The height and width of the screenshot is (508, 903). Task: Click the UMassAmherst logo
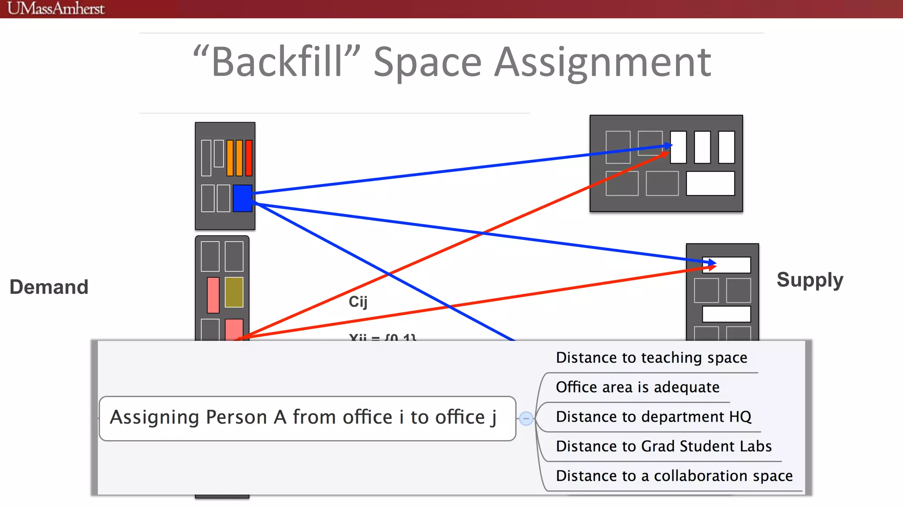[x=56, y=8]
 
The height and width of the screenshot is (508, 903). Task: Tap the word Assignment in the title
[x=602, y=62]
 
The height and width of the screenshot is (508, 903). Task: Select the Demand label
[x=49, y=287]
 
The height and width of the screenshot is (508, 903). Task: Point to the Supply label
[x=810, y=280]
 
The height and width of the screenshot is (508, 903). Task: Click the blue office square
[x=243, y=198]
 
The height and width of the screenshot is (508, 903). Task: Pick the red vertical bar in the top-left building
[x=249, y=158]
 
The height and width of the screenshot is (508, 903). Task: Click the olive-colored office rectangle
[x=234, y=292]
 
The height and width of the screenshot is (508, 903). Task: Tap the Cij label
[x=358, y=302]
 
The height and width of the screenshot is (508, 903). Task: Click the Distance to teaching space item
[x=651, y=358]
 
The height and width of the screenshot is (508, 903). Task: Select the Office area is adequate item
[x=638, y=387]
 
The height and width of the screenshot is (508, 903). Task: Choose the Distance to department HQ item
[x=653, y=417]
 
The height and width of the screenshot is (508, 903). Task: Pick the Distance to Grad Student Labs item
[x=664, y=446]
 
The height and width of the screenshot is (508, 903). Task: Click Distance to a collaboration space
[x=674, y=476]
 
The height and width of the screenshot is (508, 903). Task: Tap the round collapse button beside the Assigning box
[x=526, y=418]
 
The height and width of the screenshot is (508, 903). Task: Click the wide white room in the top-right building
[x=710, y=183]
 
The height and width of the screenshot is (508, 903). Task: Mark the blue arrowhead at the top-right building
[x=668, y=146]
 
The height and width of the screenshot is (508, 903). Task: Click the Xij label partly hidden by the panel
[x=382, y=337]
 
